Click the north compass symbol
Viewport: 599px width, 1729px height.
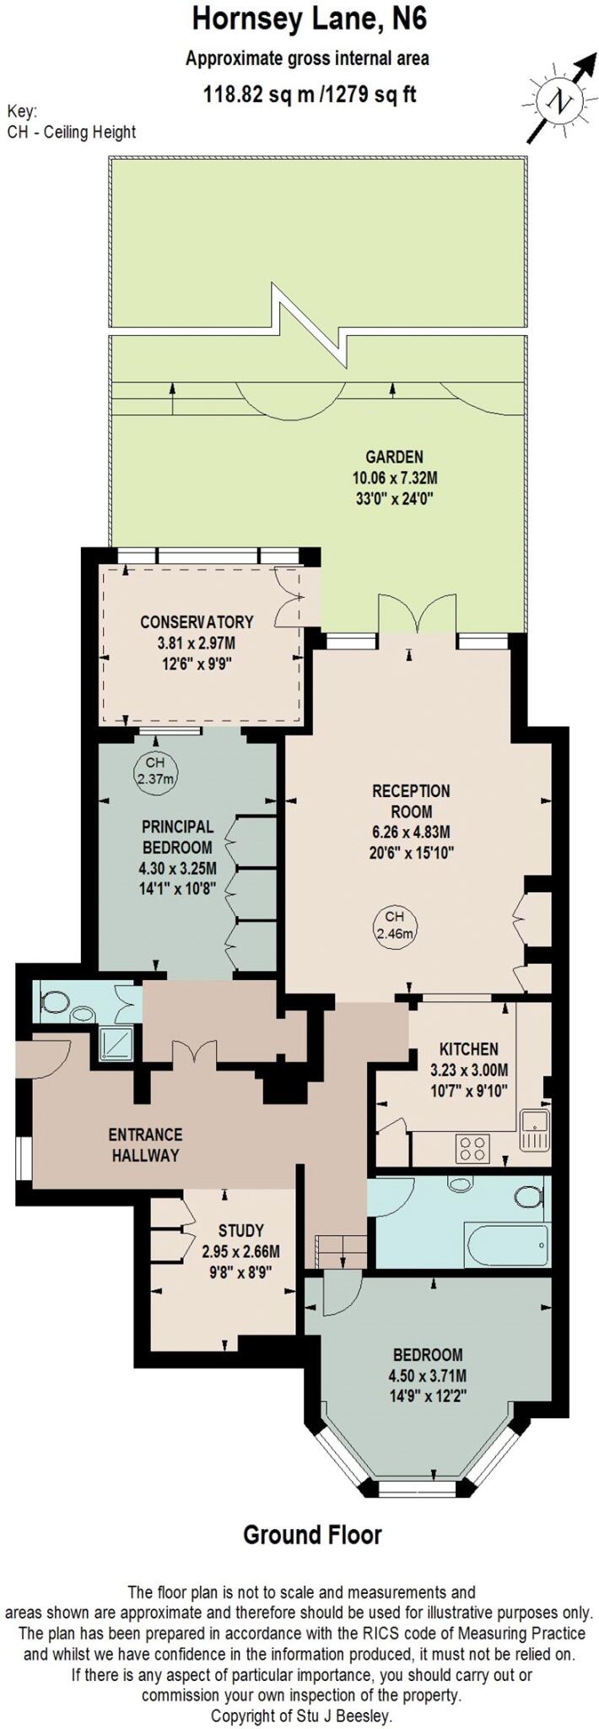coord(559,100)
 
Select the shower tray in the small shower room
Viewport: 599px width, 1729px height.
coord(116,1043)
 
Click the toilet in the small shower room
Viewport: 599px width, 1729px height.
coord(56,1001)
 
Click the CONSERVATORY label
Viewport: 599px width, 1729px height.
coord(197,621)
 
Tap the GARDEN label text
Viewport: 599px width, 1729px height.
coord(394,458)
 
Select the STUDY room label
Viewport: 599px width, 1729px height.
coord(240,1231)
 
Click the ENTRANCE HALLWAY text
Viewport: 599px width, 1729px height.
coord(145,1145)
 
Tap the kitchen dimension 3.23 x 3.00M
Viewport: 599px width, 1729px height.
coord(469,1070)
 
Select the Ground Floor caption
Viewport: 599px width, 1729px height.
coord(312,1535)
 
